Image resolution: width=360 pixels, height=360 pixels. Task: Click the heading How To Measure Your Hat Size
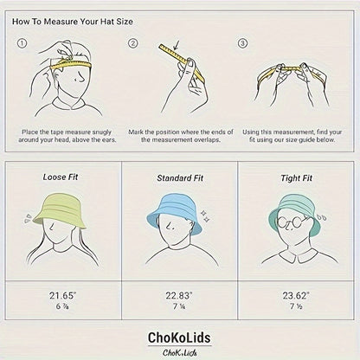[73, 22]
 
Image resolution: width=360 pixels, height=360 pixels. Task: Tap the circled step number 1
[22, 43]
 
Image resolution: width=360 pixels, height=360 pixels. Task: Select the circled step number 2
[132, 43]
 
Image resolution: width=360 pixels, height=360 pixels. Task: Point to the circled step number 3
[242, 43]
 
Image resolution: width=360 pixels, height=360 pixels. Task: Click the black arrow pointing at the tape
[176, 45]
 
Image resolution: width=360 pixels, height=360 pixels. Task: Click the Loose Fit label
[61, 177]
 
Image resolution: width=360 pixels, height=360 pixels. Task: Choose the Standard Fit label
[180, 178]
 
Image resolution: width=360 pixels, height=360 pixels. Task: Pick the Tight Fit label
[297, 178]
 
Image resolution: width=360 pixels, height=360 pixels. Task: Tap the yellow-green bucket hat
[60, 209]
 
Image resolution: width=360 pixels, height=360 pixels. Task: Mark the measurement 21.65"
[62, 295]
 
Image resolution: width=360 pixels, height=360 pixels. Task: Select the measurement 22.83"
[179, 295]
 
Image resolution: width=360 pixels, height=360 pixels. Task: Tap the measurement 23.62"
[296, 295]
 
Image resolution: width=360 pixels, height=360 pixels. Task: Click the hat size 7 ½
[296, 306]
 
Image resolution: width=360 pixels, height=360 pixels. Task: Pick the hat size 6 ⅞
[62, 306]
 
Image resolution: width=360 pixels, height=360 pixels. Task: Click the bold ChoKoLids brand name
[179, 337]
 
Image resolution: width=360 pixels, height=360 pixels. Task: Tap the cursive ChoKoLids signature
[180, 352]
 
